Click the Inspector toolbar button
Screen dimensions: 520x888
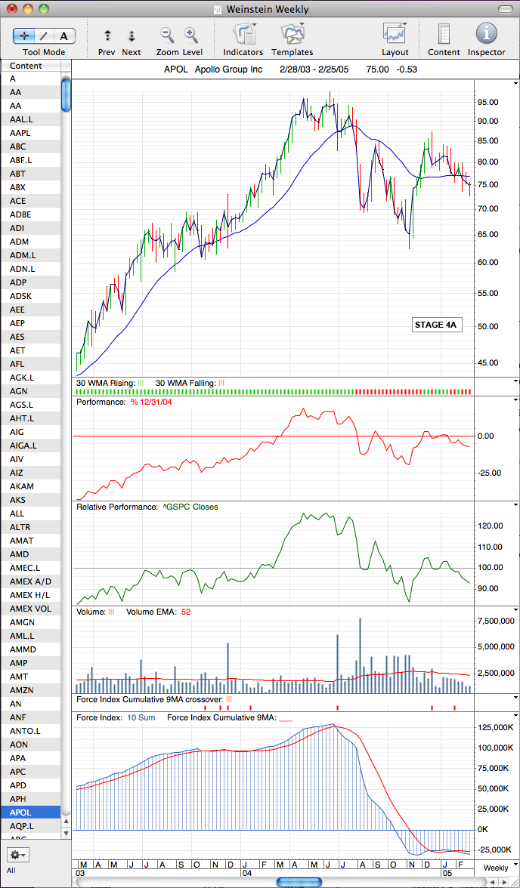pyautogui.click(x=487, y=34)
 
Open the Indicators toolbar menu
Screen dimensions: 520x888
pyautogui.click(x=244, y=34)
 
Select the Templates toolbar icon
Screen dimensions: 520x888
pyautogui.click(x=292, y=34)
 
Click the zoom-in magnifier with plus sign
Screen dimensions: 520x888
pyautogui.click(x=192, y=35)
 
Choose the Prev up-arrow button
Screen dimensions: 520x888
pyautogui.click(x=107, y=35)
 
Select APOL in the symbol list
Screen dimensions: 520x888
pyautogui.click(x=20, y=812)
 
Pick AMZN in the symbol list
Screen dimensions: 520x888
pyautogui.click(x=22, y=690)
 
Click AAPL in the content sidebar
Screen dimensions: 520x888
pyautogui.click(x=20, y=133)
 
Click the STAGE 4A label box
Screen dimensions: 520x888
pyautogui.click(x=435, y=325)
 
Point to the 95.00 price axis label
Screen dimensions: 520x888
pyautogui.click(x=487, y=103)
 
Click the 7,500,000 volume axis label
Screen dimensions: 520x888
pyautogui.click(x=496, y=621)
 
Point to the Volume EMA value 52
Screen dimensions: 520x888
pyautogui.click(x=185, y=612)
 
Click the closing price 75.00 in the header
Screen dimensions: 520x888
pyautogui.click(x=378, y=69)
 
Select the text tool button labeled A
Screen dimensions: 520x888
pyautogui.click(x=64, y=35)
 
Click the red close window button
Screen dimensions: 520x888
pyautogui.click(x=12, y=8)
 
